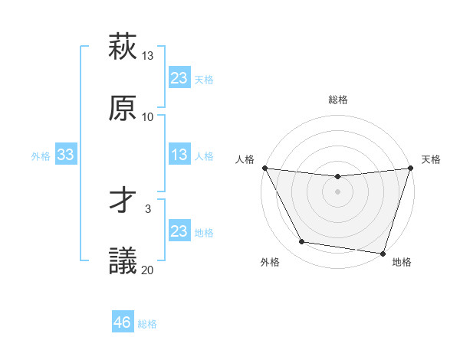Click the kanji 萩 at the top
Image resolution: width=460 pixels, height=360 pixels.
[x=123, y=47]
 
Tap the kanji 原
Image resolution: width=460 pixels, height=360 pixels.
[x=123, y=108]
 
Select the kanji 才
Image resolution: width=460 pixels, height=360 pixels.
[x=123, y=200]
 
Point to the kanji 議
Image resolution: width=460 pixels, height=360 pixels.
[x=123, y=260]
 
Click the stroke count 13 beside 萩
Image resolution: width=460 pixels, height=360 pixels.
[x=148, y=56]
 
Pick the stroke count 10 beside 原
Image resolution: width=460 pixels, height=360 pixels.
[x=148, y=117]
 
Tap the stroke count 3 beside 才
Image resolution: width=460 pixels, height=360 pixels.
[x=148, y=208]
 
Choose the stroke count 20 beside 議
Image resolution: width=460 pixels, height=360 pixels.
[x=148, y=270]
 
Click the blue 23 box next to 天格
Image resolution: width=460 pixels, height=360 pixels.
[x=179, y=78]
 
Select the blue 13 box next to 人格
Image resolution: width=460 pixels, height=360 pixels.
[x=179, y=155]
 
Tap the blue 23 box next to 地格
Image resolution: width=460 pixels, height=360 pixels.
[x=179, y=231]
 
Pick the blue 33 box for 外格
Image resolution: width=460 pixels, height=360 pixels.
[x=66, y=155]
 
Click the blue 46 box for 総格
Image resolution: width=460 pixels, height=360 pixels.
[x=123, y=322]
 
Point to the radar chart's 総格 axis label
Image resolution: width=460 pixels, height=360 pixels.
[x=338, y=100]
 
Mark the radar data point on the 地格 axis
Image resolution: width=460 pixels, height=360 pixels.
[x=383, y=253]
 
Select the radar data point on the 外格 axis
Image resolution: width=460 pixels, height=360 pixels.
[x=302, y=242]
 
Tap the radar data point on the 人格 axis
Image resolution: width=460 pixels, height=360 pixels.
[x=264, y=168]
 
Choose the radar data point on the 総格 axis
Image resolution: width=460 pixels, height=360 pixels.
[x=337, y=177]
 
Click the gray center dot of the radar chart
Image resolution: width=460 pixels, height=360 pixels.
[x=337, y=191]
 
